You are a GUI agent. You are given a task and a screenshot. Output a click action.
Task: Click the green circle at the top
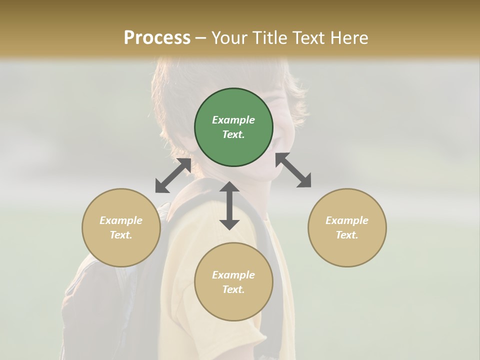tap(233, 127)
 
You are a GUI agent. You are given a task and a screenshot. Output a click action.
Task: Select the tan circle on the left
tap(121, 227)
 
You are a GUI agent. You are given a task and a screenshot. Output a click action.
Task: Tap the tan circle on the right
tap(347, 227)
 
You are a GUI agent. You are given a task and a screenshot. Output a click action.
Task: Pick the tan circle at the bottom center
tap(233, 282)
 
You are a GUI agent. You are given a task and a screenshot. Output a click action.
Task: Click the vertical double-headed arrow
tap(229, 205)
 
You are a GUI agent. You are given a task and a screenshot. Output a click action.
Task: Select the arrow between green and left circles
tap(173, 175)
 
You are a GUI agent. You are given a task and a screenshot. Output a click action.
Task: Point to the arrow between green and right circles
tap(293, 170)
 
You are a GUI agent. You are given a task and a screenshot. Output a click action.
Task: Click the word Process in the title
tap(157, 37)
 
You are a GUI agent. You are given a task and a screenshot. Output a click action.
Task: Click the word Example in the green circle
tap(233, 120)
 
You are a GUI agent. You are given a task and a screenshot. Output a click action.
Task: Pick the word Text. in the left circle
tap(121, 235)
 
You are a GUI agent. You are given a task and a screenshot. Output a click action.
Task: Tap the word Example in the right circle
tap(347, 220)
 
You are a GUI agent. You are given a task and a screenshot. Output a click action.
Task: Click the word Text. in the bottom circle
tap(233, 289)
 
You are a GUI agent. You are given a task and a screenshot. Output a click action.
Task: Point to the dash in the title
tap(201, 38)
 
